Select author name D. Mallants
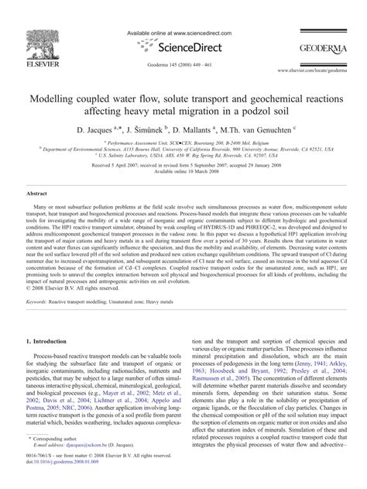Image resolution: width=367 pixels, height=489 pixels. click(x=211, y=133)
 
